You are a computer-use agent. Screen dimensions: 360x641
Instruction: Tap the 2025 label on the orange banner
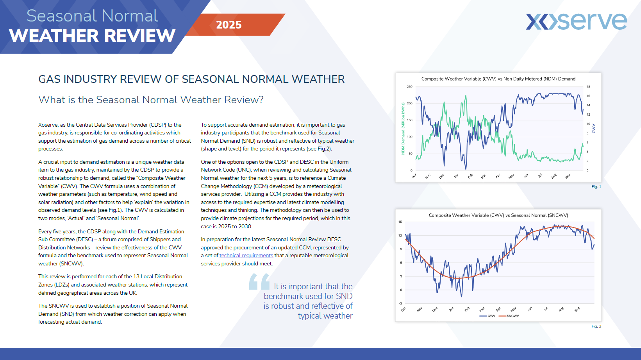click(229, 25)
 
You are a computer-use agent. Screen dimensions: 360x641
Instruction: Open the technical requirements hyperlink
click(246, 256)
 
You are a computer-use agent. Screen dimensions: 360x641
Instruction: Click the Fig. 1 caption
click(596, 187)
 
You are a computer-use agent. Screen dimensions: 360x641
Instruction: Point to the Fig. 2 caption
click(596, 326)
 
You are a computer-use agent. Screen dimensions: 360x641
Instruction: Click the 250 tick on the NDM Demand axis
click(409, 87)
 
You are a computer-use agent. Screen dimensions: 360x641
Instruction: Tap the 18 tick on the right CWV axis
click(588, 87)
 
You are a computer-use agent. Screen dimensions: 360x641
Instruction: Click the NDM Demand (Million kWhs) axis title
click(403, 129)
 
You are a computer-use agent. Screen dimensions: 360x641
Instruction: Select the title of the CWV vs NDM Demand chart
click(498, 79)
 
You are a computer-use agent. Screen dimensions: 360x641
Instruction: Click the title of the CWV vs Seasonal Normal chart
click(498, 215)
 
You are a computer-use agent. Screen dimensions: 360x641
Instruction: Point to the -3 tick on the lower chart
click(400, 303)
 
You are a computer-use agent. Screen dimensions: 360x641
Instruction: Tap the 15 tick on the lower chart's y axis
click(400, 222)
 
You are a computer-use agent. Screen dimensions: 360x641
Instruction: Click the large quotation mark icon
click(259, 281)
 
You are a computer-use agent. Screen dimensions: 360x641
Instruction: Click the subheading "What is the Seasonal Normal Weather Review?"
click(151, 100)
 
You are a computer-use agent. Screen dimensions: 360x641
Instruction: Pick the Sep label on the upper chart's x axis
click(568, 176)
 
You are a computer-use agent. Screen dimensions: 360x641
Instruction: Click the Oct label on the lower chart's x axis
click(404, 309)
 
